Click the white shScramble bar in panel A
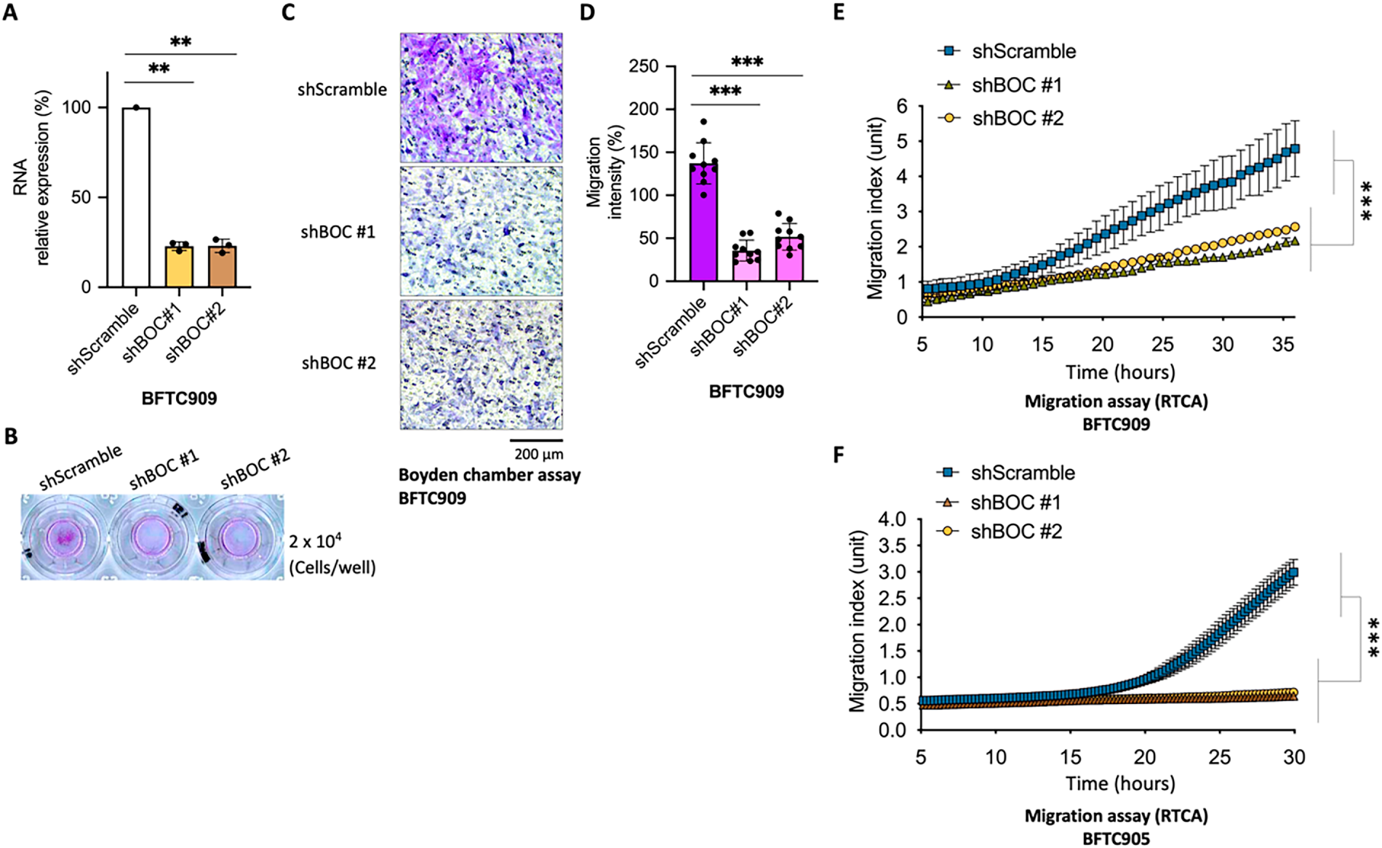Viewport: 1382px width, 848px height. click(x=136, y=198)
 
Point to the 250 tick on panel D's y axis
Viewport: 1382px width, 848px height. click(x=644, y=66)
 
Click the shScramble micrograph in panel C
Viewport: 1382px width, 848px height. click(x=481, y=97)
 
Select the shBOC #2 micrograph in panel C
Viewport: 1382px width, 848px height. click(x=481, y=364)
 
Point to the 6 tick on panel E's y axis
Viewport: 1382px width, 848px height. click(x=902, y=107)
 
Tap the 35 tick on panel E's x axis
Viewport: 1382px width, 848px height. click(x=1283, y=343)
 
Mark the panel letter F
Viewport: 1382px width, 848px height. click(x=839, y=455)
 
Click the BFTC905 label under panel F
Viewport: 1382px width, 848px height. click(x=1116, y=839)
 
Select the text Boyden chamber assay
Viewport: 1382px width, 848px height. click(x=489, y=476)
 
